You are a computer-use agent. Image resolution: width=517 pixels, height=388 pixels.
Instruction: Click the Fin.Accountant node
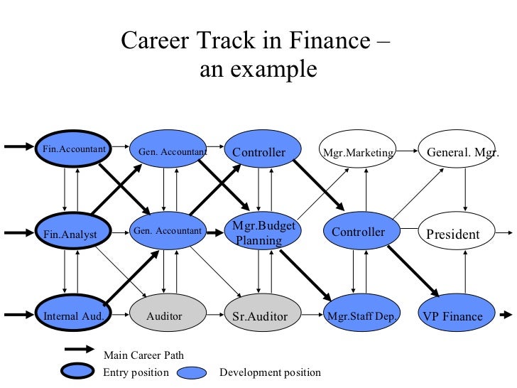[x=74, y=149]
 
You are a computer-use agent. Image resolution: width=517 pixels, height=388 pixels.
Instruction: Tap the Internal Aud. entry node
[x=74, y=315]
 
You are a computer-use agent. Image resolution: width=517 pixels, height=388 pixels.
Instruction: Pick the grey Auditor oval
[x=165, y=315]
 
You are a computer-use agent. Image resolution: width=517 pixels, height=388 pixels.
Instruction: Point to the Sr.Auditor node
[x=260, y=315]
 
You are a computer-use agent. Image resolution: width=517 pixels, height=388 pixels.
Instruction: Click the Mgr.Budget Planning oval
[x=261, y=232]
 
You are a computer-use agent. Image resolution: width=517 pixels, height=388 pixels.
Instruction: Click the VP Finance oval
[x=452, y=316]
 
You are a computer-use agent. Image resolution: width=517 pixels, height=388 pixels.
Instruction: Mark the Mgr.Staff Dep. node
[x=360, y=316]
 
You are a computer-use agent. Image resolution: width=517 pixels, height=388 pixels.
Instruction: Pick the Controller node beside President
[x=359, y=232]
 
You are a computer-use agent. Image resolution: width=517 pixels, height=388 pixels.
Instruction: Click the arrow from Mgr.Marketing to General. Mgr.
[x=406, y=151]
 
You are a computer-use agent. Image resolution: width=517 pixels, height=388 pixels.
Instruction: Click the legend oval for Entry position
[x=74, y=370]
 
